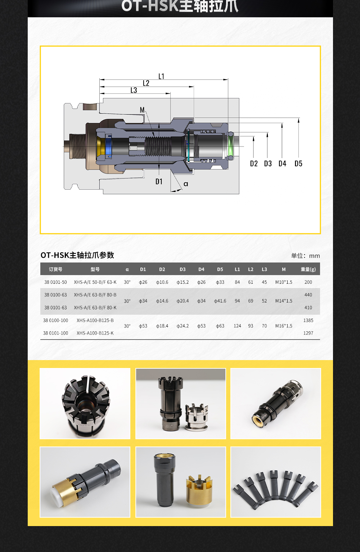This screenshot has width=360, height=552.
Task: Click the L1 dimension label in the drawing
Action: click(x=161, y=76)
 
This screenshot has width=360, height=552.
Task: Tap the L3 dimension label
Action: click(x=134, y=90)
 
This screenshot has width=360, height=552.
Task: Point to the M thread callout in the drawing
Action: click(x=142, y=110)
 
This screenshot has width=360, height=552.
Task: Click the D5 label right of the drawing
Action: click(x=298, y=164)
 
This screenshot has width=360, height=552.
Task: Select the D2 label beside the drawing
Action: click(x=254, y=164)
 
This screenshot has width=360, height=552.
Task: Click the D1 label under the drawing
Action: click(x=159, y=182)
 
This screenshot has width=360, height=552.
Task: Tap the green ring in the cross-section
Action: click(x=230, y=146)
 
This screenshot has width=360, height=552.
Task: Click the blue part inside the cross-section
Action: click(x=108, y=146)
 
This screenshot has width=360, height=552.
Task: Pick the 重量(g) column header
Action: click(x=308, y=269)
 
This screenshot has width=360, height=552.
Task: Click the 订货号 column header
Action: click(x=55, y=269)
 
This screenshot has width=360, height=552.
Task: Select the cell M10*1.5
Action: click(x=284, y=282)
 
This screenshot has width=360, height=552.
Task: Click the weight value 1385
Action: click(x=308, y=320)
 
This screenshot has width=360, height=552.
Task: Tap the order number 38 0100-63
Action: click(x=55, y=295)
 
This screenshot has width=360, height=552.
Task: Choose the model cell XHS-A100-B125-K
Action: click(x=95, y=333)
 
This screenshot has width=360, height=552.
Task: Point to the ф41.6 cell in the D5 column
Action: click(x=220, y=301)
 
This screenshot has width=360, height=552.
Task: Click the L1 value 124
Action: click(x=237, y=326)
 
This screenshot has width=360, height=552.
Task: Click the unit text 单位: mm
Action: click(x=305, y=256)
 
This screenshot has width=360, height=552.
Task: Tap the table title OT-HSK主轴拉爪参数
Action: click(x=77, y=255)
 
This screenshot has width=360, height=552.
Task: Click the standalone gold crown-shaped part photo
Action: click(x=199, y=489)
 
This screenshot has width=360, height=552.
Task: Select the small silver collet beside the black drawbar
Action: click(x=197, y=417)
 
